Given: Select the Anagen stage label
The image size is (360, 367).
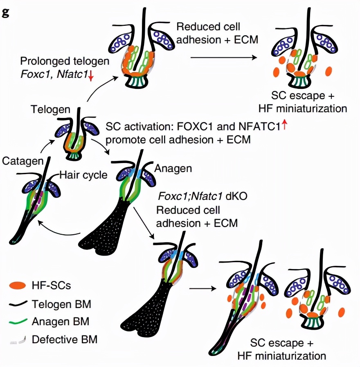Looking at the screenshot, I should point(173,168).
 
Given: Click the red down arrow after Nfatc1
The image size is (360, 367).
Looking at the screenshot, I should point(90,75).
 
